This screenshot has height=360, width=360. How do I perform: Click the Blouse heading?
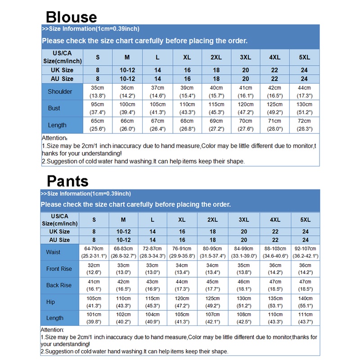[x=71, y=17]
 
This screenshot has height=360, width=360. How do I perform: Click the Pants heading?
[x=67, y=181]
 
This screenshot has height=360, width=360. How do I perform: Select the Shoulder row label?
[x=60, y=91]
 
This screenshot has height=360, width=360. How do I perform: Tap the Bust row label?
[x=54, y=108]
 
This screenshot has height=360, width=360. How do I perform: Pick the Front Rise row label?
[x=59, y=269]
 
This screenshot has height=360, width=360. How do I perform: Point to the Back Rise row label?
[x=59, y=285]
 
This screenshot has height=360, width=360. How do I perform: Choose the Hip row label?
[x=51, y=302]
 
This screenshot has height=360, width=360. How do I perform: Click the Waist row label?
[x=53, y=252]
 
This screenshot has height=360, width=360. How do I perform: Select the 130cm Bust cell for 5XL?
[x=304, y=108]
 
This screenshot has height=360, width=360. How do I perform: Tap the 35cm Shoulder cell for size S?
[x=98, y=91]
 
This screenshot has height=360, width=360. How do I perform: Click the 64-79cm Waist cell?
[x=94, y=252]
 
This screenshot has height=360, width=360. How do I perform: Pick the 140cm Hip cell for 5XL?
[x=305, y=302]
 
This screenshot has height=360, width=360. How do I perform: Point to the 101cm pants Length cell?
[x=94, y=318]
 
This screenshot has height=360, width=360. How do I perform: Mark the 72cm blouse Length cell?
[x=304, y=125]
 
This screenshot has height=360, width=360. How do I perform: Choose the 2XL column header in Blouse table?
[x=216, y=58]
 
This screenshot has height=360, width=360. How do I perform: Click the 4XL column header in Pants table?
[x=275, y=220]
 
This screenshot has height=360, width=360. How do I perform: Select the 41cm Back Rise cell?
[x=94, y=285]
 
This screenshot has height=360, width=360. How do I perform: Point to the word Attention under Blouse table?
[x=54, y=138]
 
